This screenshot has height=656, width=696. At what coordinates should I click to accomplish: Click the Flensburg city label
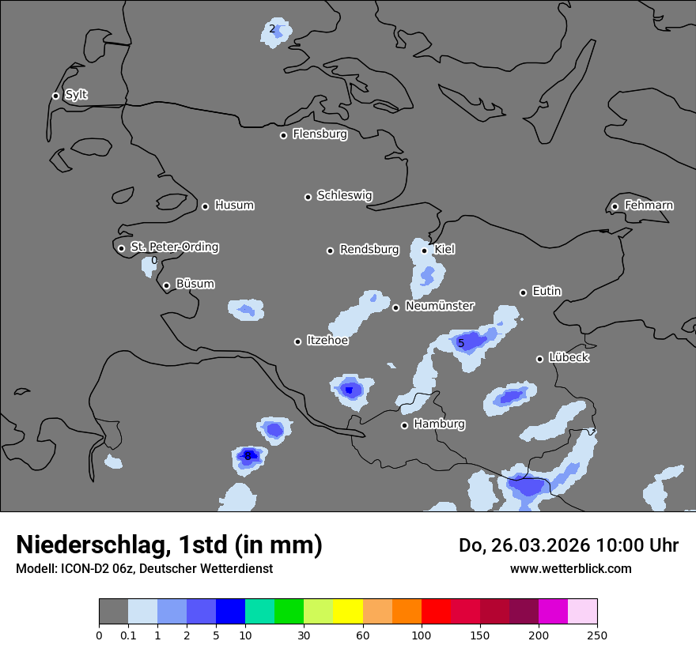tap(320, 134)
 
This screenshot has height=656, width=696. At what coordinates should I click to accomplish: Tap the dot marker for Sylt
tap(55, 96)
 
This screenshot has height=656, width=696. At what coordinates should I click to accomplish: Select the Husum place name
tap(234, 205)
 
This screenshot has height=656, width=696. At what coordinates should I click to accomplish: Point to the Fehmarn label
tap(649, 205)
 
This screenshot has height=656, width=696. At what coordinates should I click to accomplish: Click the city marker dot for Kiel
tap(425, 251)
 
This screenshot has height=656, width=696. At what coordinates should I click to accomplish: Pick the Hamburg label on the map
tap(439, 424)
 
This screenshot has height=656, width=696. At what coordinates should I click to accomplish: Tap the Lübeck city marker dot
tap(539, 359)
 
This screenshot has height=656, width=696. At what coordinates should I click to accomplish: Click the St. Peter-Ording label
tap(174, 247)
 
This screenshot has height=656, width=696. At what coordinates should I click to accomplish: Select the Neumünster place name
tap(440, 306)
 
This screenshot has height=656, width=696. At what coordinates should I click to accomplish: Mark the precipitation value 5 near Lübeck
tap(461, 343)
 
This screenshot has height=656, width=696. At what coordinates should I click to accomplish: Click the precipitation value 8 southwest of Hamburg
tap(248, 456)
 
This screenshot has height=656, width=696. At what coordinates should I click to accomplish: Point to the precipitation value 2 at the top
tap(272, 29)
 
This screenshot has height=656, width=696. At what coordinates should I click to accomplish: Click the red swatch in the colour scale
tap(436, 612)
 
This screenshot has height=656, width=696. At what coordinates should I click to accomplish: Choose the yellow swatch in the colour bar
tap(348, 612)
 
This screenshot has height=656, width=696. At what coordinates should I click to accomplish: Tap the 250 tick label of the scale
tap(597, 635)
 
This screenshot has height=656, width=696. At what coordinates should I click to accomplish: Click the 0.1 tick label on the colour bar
tap(128, 635)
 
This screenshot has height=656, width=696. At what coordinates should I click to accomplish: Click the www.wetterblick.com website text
tap(570, 568)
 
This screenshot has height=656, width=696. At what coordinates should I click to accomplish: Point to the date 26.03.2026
tap(537, 545)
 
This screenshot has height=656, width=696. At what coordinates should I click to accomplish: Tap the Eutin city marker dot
tap(523, 292)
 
